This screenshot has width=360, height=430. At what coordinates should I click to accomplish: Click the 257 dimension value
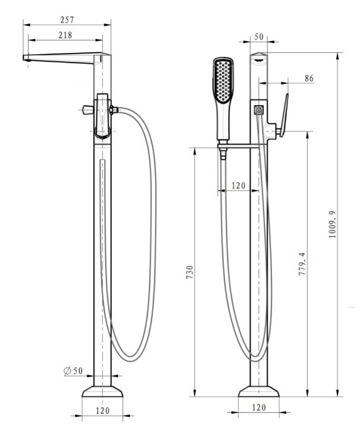click(67, 20)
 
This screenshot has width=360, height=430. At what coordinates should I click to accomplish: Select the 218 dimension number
click(65, 35)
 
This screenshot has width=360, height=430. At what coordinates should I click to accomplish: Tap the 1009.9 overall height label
click(332, 224)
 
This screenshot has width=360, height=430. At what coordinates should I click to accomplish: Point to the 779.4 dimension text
click(302, 264)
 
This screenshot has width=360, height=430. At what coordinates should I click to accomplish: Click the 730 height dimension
click(190, 272)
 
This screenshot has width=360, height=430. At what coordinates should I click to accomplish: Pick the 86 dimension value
click(309, 78)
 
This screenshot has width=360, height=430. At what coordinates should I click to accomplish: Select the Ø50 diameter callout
click(73, 371)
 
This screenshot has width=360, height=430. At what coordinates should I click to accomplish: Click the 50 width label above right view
click(258, 37)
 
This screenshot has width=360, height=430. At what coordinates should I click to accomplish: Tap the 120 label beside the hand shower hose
click(238, 186)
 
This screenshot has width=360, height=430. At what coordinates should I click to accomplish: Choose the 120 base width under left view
click(102, 410)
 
